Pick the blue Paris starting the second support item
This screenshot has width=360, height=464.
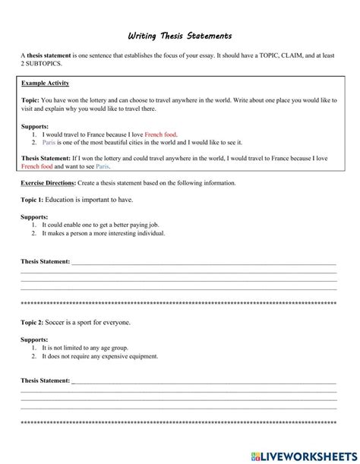[x=49, y=141]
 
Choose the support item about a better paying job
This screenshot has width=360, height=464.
[x=101, y=226]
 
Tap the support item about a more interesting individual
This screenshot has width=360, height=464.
[x=99, y=234]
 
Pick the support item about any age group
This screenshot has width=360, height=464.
[x=84, y=348]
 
